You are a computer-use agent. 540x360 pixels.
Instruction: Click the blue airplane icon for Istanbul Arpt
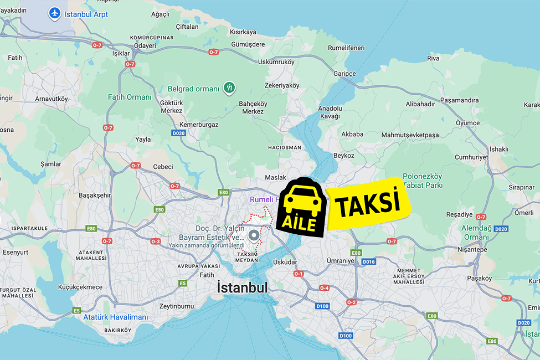point(55,13)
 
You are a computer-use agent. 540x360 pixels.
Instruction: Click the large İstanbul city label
point(243,287)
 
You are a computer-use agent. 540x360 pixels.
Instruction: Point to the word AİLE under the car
point(300,223)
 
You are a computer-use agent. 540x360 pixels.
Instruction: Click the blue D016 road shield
point(368,261)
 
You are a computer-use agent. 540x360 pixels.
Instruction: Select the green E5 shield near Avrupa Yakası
point(182,284)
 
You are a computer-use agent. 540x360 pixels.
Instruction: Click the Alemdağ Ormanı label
point(475,233)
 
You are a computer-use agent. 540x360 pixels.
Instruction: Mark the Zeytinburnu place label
point(176,306)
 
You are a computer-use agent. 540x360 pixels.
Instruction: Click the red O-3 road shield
point(156,241)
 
